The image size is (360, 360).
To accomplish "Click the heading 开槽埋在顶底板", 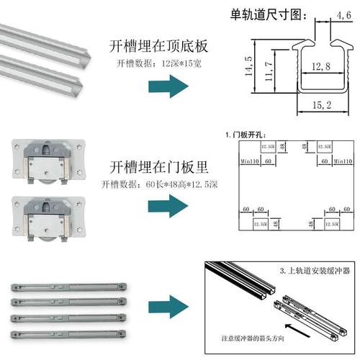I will click(158, 47).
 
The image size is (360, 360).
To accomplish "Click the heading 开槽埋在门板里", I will click(158, 168).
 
